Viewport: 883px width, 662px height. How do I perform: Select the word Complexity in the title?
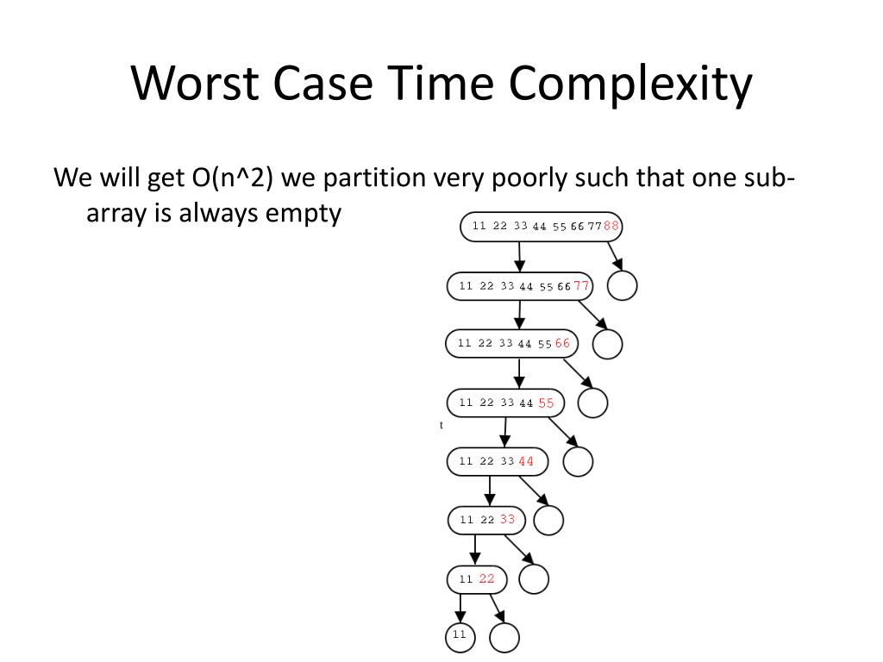629,84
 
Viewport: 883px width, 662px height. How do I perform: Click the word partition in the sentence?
375,178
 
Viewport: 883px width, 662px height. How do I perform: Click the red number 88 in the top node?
611,226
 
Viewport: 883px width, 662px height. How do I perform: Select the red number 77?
582,285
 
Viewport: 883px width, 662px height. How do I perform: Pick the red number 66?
562,343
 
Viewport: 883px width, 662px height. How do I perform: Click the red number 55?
547,403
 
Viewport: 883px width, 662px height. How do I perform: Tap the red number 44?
526,461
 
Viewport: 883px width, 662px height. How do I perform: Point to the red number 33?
507,520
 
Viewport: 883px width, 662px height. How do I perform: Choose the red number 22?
487,578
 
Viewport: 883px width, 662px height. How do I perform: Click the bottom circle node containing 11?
460,636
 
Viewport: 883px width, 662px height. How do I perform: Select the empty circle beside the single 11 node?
504,638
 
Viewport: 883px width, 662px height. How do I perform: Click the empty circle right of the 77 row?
622,285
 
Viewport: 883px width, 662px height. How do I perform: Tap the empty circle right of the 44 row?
578,462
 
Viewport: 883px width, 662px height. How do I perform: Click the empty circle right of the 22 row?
534,579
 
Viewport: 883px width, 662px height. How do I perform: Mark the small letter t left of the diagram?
441,425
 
